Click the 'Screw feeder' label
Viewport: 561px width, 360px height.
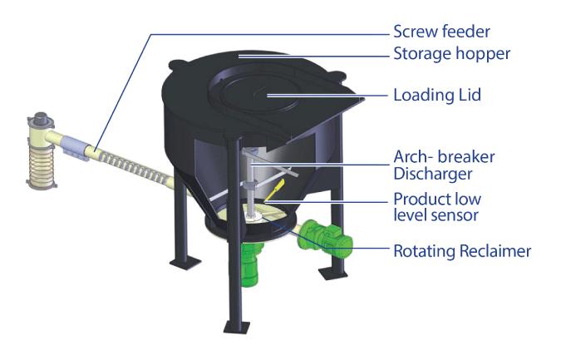coord(441,32)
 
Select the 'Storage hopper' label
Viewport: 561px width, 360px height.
coord(452,54)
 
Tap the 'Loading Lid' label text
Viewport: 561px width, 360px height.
coord(437,95)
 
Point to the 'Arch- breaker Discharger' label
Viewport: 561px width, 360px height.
coord(444,165)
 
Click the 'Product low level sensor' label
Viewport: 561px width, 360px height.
coord(437,207)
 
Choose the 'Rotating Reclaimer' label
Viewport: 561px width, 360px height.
coord(462,251)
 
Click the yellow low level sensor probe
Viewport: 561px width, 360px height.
coord(275,190)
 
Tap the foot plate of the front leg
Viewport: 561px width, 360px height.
coord(237,327)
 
